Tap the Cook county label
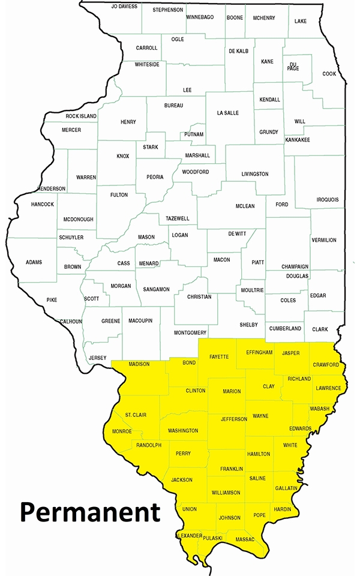(329, 74)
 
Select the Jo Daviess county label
(124, 6)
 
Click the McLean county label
(245, 206)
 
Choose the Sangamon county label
(156, 289)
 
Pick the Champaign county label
(295, 266)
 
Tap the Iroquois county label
(328, 200)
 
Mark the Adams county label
(34, 262)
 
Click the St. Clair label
(136, 415)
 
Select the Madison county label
(139, 364)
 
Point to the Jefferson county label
(234, 419)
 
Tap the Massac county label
(245, 540)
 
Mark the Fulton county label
(119, 195)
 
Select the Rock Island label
(80, 116)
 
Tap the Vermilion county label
(324, 240)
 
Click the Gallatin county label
(286, 488)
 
